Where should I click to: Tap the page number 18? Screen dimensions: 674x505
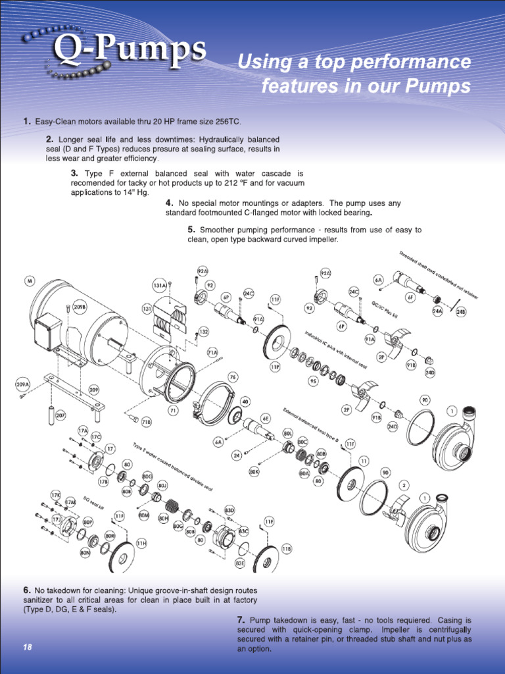click(28, 648)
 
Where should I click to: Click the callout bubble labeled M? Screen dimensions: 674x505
click(30, 282)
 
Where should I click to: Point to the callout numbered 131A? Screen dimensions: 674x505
click(160, 286)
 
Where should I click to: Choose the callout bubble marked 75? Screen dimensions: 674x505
click(233, 377)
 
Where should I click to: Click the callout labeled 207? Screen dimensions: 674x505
click(60, 416)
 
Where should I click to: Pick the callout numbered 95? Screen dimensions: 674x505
click(313, 381)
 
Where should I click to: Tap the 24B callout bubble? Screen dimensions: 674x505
click(461, 313)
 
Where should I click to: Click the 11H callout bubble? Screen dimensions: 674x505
click(141, 542)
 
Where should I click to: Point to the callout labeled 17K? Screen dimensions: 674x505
click(57, 494)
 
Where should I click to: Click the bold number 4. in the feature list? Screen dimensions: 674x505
click(170, 203)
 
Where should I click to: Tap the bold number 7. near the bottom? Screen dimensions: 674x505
click(241, 620)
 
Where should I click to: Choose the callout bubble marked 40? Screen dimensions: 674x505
click(245, 401)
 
